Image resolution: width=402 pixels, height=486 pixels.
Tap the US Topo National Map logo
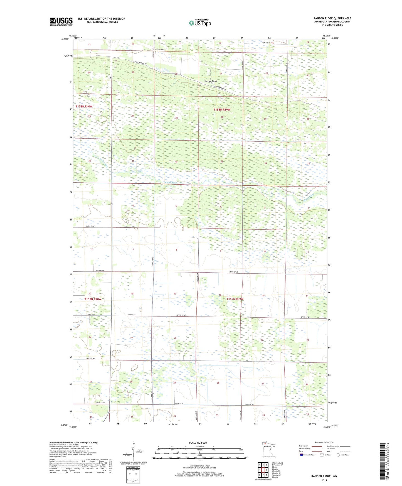pos(199,23)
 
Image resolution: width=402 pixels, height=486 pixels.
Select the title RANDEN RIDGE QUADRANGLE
pos(332,18)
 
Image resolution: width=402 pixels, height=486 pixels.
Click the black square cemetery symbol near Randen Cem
pos(156,52)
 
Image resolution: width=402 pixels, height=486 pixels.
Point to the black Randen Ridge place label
pos(211,81)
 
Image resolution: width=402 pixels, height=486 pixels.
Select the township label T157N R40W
pos(93,299)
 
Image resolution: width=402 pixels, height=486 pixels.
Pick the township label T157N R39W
pos(235,299)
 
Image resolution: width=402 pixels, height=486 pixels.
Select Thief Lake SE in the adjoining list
pos(277,463)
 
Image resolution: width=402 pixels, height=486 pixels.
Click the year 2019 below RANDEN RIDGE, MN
pos(324,480)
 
